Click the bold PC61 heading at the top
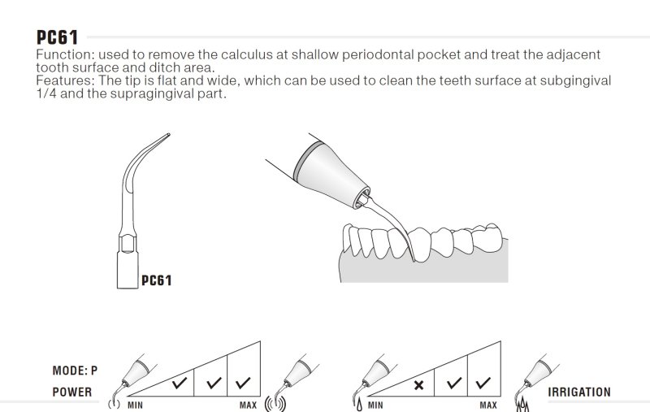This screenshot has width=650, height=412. pos(57,37)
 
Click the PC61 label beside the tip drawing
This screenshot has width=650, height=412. pos(156,280)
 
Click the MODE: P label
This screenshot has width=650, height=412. pos(75,371)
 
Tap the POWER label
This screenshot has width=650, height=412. pos(72,392)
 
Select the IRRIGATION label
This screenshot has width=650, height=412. pos(579,392)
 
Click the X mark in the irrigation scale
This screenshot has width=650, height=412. pos(418,385)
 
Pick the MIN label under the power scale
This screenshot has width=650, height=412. pos(135,405)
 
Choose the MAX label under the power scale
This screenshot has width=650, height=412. pos(249,405)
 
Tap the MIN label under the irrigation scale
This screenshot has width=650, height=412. pos(375,405)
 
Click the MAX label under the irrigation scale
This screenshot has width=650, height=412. pos(488,405)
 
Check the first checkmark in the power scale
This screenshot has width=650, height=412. pos(180,383)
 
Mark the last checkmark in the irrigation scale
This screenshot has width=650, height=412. pos(483,383)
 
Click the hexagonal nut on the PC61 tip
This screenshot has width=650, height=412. pos(128,244)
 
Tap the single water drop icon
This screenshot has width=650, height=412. pos(359,405)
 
